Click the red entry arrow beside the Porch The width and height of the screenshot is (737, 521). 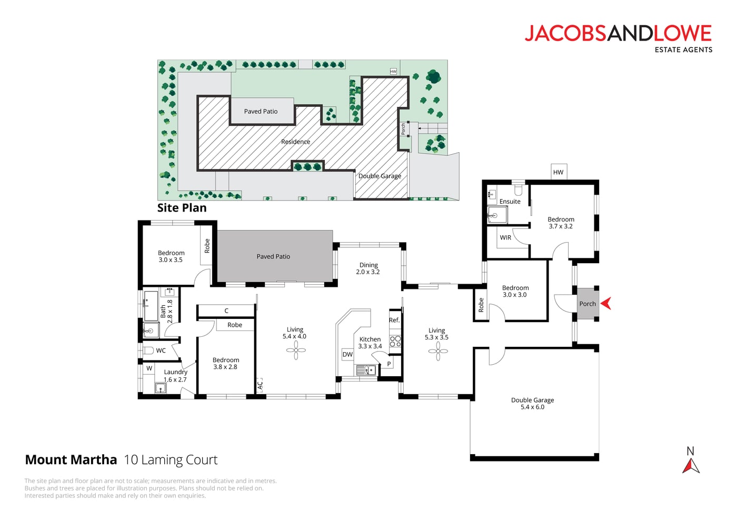click(x=606, y=303)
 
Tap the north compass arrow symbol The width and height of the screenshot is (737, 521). click(x=691, y=466)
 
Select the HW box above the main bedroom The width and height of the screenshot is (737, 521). click(x=559, y=172)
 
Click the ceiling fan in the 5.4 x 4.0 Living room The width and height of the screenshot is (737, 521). click(x=296, y=350)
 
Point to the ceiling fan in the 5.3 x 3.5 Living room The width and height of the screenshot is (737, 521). click(x=438, y=352)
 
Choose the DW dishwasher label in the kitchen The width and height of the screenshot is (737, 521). click(x=347, y=355)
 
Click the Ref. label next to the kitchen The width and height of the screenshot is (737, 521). click(x=394, y=320)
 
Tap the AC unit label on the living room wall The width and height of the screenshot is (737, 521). click(x=260, y=385)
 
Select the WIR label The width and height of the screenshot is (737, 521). click(x=505, y=237)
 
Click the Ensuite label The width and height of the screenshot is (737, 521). click(x=510, y=201)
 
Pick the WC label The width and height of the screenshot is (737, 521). click(x=161, y=350)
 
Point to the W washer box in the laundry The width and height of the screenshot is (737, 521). click(x=150, y=368)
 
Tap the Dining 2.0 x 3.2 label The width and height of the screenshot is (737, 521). click(x=368, y=268)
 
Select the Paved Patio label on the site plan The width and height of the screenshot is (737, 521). click(x=261, y=112)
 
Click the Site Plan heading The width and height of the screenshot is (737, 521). click(x=182, y=208)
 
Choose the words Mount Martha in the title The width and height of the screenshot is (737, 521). click(x=71, y=460)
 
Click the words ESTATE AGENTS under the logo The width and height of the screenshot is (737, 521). click(x=683, y=49)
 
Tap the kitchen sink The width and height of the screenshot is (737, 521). click(x=366, y=370)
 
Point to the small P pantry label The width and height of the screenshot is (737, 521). click(x=389, y=364)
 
